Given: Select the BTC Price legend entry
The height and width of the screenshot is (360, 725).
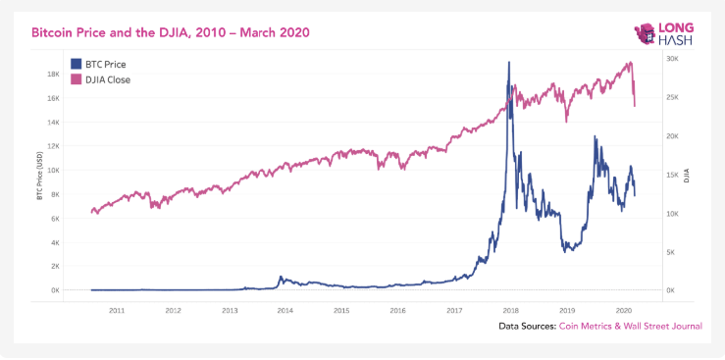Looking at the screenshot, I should pos(98,64).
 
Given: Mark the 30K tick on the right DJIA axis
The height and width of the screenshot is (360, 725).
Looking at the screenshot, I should pos(673,59).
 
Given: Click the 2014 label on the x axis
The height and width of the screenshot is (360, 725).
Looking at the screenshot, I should pos(285,309).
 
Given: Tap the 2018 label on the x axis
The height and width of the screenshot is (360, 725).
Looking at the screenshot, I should pos(509,309).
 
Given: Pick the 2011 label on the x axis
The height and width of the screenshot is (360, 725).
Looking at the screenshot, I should pos(116,309).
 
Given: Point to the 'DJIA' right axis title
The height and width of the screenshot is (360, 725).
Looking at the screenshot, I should pos(687,176).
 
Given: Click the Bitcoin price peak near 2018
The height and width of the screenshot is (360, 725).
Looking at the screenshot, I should pos(508,64).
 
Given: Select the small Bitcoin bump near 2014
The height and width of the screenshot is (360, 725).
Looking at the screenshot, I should pos(281,278).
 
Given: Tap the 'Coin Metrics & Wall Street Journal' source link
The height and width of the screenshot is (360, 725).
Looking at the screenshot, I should pos(630,326).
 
